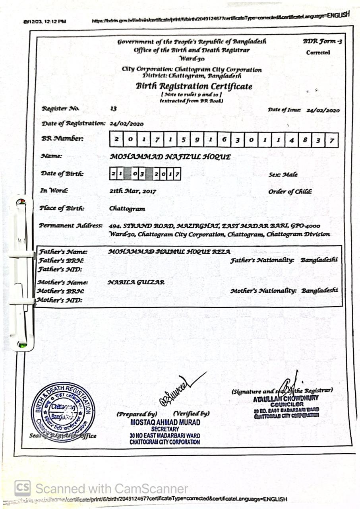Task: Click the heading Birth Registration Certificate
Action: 194,86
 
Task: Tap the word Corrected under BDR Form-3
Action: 318,52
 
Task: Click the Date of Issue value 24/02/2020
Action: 323,111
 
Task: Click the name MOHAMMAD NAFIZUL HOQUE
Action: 170,157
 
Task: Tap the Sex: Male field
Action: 283,175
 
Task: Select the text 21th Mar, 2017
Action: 133,191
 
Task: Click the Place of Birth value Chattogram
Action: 127,209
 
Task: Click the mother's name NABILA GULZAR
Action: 136,282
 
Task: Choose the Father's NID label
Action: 60,270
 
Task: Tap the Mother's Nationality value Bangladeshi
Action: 319,291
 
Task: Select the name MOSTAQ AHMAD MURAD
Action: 165,422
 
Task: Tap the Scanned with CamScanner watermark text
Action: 111,488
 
